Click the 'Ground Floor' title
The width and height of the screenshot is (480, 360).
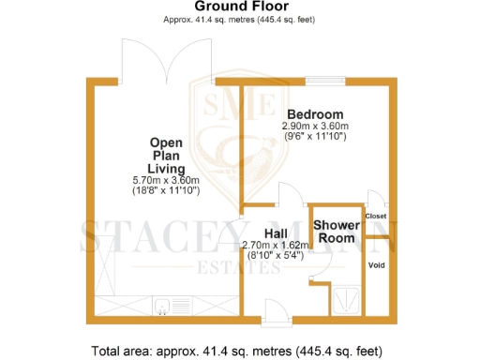241,7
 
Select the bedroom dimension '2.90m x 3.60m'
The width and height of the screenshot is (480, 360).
315,126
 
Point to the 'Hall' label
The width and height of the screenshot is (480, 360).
275,233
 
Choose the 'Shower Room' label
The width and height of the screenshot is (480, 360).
334,232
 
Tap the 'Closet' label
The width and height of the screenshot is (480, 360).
376,216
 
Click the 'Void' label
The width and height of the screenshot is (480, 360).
376,265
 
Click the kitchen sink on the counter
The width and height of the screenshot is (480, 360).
168,305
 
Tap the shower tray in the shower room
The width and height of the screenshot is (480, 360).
347,297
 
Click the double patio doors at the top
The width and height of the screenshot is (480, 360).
164,61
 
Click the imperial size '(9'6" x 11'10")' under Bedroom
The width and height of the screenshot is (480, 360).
315,137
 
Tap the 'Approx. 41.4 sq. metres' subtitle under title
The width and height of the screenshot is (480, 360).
241,19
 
